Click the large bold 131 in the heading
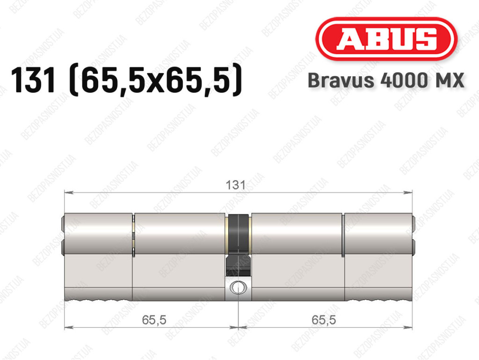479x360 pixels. [x=33, y=81]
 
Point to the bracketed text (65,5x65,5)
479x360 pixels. [x=156, y=81]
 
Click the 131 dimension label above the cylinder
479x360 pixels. [x=235, y=185]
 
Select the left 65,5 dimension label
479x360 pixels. [x=154, y=320]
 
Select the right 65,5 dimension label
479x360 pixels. [x=324, y=320]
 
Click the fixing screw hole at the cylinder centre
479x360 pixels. [x=238, y=287]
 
